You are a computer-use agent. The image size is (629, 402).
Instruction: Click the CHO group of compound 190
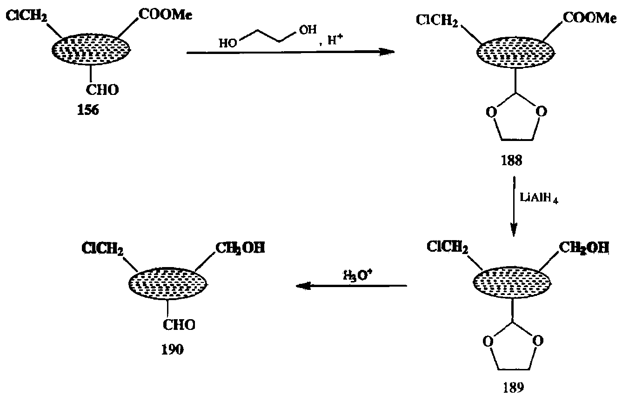(179, 325)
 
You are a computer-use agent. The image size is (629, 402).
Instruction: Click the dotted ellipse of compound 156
(92, 49)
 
